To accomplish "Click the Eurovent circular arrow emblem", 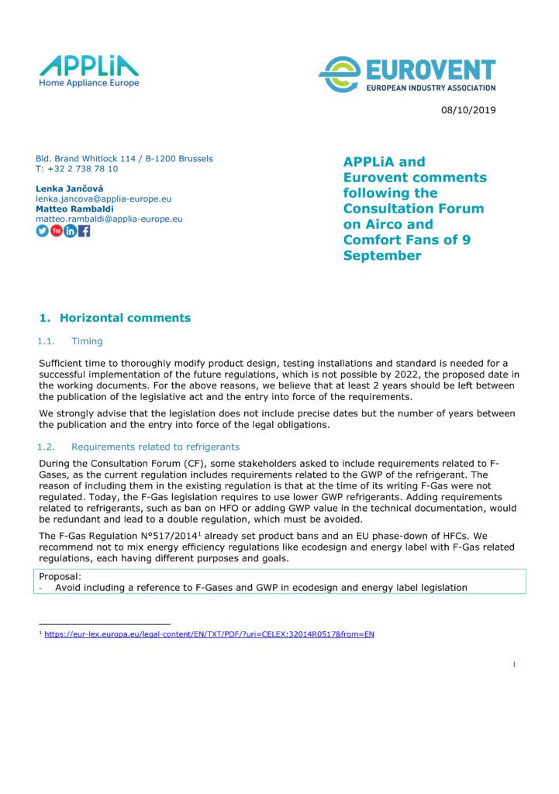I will (x=338, y=75).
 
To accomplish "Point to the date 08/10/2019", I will (x=468, y=110).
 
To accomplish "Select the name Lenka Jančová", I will (x=68, y=189).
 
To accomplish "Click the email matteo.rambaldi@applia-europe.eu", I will (x=109, y=219).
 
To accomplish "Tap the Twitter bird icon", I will (x=43, y=231).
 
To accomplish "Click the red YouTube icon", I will (x=57, y=231).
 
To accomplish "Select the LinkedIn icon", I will (x=71, y=231).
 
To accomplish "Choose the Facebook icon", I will (x=85, y=231).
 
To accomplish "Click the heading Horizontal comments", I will (x=125, y=318).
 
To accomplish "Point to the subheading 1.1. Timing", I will (x=71, y=341).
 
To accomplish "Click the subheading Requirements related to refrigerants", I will (x=155, y=447).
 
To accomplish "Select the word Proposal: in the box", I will (x=58, y=577).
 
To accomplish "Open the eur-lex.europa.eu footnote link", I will (x=209, y=634).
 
